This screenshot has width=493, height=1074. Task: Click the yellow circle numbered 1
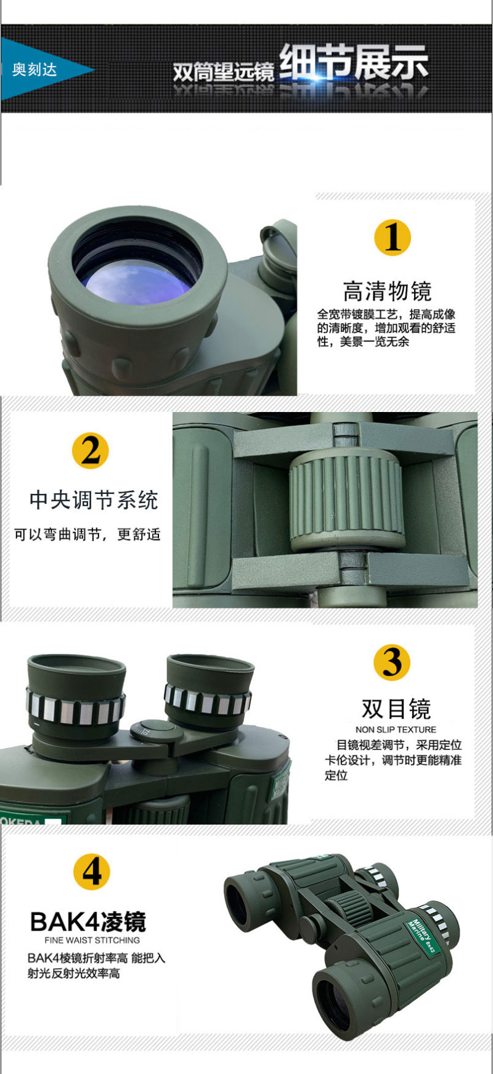pos(393,238)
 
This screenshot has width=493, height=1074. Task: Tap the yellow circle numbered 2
pos(91,451)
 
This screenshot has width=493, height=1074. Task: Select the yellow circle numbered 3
pos(392,662)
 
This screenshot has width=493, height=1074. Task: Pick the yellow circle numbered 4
pos(92,871)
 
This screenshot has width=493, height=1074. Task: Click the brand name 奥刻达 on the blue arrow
pos(35,69)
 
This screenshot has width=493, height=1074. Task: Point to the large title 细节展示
pos(354,63)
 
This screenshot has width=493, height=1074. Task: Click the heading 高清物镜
pos(387,291)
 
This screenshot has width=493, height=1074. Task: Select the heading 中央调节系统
pos(94,499)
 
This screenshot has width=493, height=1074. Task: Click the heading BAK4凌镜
pos(88,921)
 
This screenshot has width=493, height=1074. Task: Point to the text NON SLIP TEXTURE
pos(396,729)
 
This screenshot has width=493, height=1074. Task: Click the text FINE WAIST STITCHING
pos(92,940)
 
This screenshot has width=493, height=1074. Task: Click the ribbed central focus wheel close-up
pos(347,499)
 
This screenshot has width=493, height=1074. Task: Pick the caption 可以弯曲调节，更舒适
pos(87,535)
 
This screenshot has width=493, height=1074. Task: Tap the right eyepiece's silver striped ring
pos(208,700)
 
